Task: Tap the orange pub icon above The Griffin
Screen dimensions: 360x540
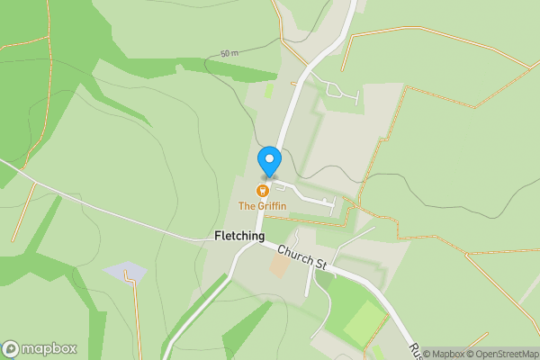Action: (x=263, y=191)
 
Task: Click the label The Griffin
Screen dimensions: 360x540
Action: (x=262, y=206)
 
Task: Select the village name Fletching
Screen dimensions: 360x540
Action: (x=239, y=237)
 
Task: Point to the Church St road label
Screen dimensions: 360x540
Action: (x=301, y=256)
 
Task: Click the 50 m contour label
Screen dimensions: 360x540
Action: (x=230, y=54)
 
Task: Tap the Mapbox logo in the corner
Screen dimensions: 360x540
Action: (x=39, y=348)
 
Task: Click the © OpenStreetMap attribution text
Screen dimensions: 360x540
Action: (x=501, y=353)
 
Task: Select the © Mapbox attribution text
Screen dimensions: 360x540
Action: (x=443, y=353)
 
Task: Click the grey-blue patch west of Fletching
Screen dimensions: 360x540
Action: (x=124, y=271)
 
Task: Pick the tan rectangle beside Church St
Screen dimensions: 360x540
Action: (x=279, y=266)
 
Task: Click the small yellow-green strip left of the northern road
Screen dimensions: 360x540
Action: (x=268, y=90)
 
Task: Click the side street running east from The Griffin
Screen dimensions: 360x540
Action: (x=306, y=193)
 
